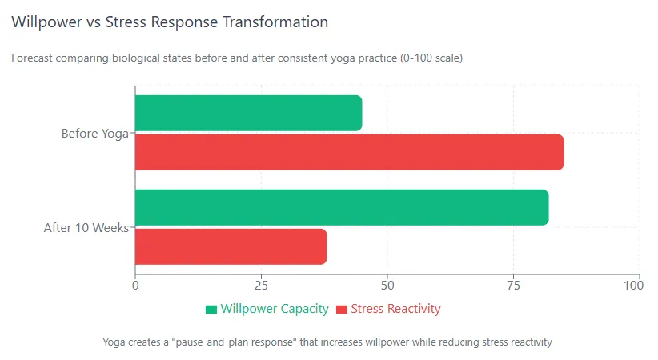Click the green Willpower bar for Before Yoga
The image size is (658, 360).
pos(248,113)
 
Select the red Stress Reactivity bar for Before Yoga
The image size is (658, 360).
pos(349,152)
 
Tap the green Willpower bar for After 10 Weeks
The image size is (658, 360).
pos(342,207)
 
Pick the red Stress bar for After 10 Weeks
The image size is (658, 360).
pos(231,246)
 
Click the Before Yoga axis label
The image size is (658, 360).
pos(95,134)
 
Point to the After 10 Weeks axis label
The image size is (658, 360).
pos(86,228)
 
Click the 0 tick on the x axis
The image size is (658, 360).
pos(135,285)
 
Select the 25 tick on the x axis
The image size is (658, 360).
pos(261,285)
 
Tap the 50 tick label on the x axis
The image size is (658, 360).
pos(387,285)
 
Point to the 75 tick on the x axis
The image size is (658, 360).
pos(513,285)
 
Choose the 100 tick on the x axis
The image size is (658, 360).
pos(638,285)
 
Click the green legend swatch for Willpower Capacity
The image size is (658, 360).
pos(211,309)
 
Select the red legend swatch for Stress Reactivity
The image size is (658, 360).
pos(343,309)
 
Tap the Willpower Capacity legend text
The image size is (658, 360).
pos(275,309)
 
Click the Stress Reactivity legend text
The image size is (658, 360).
pos(395,309)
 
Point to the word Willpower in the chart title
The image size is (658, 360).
pos(47,22)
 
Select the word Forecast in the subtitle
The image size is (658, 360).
pos(33,58)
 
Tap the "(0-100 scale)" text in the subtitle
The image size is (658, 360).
pos(431,58)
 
